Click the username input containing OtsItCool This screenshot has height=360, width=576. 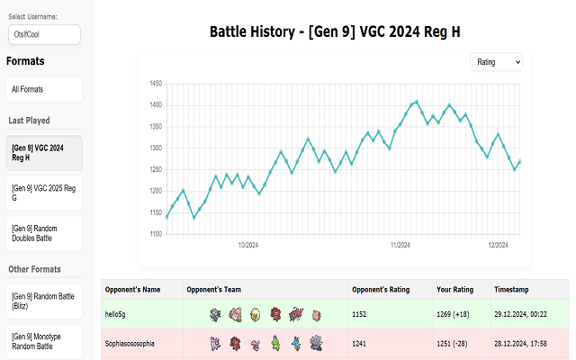(43, 34)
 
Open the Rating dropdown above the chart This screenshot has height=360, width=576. (496, 61)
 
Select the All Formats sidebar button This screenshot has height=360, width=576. (43, 89)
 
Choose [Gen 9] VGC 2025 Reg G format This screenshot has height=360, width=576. (43, 193)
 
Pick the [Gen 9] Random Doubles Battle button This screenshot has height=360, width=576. (43, 233)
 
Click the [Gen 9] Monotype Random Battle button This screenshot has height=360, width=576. (43, 341)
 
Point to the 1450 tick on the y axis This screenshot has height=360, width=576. (155, 84)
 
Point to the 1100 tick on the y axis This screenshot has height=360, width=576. (155, 234)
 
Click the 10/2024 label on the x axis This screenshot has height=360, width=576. (248, 245)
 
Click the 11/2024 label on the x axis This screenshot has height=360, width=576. (400, 245)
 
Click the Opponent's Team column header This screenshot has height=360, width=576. (214, 290)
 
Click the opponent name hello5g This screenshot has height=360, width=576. (122, 314)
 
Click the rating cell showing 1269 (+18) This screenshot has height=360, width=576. (457, 314)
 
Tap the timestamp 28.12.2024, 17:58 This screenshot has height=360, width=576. (526, 343)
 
